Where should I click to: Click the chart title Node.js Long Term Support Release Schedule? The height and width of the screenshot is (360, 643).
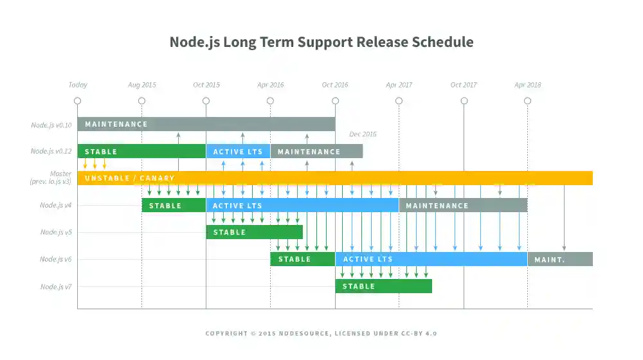pyautogui.click(x=321, y=42)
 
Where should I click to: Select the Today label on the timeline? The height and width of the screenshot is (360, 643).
pyautogui.click(x=78, y=85)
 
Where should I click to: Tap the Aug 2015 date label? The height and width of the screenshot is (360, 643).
pyautogui.click(x=142, y=85)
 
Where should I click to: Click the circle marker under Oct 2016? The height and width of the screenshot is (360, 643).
pyautogui.click(x=335, y=101)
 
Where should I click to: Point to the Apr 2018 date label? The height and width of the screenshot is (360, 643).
pyautogui.click(x=528, y=85)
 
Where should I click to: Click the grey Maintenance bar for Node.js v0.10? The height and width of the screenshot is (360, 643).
pyautogui.click(x=206, y=124)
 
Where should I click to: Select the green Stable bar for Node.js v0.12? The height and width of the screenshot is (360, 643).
pyautogui.click(x=141, y=152)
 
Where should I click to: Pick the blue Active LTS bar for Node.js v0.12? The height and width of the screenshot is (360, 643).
pyautogui.click(x=238, y=152)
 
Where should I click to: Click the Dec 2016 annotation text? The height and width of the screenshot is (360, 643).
pyautogui.click(x=363, y=134)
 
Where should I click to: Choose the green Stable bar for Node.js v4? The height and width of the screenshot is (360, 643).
pyautogui.click(x=174, y=206)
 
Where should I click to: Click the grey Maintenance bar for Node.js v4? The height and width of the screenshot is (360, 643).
pyautogui.click(x=463, y=206)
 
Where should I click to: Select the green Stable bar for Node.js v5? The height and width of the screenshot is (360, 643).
pyautogui.click(x=254, y=232)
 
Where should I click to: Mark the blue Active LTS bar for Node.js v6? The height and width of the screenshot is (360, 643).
pyautogui.click(x=431, y=259)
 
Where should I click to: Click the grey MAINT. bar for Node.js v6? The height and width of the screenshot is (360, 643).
pyautogui.click(x=560, y=259)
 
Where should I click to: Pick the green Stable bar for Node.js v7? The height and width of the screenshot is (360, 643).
pyautogui.click(x=383, y=286)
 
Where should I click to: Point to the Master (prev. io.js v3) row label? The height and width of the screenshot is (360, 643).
pyautogui.click(x=51, y=178)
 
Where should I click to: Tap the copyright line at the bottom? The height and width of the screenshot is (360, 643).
pyautogui.click(x=321, y=334)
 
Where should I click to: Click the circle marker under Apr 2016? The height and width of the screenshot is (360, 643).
pyautogui.click(x=271, y=101)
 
